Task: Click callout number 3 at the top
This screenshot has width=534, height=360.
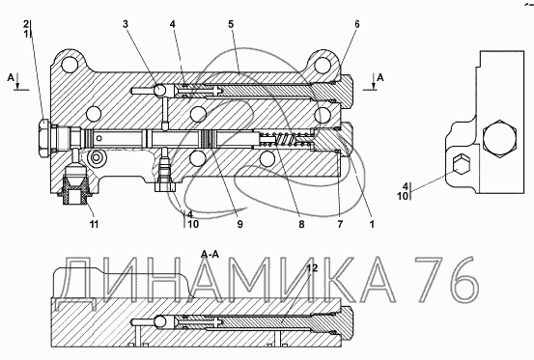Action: point(126,24)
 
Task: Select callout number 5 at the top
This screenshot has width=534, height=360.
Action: point(231,24)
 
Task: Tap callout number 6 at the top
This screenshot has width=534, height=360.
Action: point(356,24)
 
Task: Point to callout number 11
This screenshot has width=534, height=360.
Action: point(94,224)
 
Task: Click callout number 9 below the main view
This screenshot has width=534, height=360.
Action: point(240,224)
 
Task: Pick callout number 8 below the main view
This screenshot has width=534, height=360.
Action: point(301,224)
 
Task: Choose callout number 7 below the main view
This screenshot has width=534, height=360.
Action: point(340,224)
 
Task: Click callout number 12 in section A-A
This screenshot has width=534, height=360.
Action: point(312,268)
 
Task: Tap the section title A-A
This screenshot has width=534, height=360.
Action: point(210,254)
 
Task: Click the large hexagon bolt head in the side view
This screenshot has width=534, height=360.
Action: point(499,139)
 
